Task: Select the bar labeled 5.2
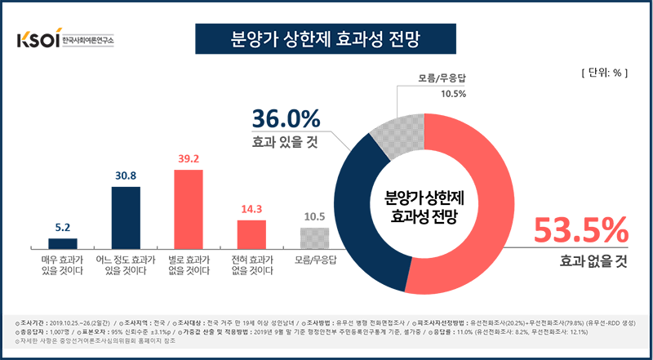point(62,243)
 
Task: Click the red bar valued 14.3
point(252,234)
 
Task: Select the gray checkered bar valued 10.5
point(315,238)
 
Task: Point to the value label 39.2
point(189,160)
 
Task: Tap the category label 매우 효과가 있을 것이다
point(62,264)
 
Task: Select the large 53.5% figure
point(581,230)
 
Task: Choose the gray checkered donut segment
point(396,131)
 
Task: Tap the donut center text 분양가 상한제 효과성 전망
point(420,207)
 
